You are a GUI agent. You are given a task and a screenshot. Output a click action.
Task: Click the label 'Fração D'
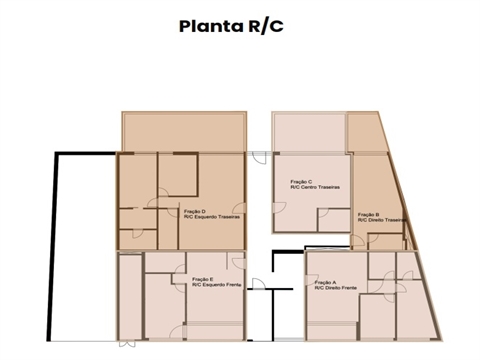[x=195, y=211]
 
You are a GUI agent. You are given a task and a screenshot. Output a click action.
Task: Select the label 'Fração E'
[x=201, y=279]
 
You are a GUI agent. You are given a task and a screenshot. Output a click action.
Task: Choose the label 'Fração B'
[x=368, y=214]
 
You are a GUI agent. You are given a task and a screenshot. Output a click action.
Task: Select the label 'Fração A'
[x=325, y=282]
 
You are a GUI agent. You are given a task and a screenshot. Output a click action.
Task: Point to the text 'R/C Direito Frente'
[x=337, y=289]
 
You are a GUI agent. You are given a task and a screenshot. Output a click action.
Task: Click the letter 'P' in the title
[x=186, y=26]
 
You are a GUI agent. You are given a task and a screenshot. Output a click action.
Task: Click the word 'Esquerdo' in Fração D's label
[x=205, y=218]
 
